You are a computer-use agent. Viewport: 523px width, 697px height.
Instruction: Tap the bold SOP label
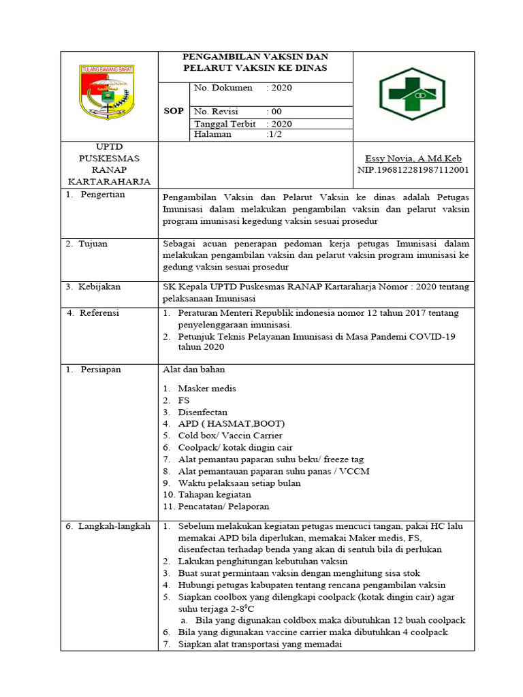point(174,111)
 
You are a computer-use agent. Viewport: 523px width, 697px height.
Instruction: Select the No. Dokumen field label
point(223,88)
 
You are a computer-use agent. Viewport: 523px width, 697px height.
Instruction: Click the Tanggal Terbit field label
point(225,124)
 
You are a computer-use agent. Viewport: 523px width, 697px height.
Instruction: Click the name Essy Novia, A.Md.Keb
point(413,158)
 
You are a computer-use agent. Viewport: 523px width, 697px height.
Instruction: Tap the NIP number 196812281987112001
point(413,169)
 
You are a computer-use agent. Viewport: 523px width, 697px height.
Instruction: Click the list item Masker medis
point(207,389)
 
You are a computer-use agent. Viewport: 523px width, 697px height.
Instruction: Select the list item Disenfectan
point(203,412)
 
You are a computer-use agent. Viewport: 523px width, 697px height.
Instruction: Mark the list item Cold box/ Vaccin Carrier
point(230,436)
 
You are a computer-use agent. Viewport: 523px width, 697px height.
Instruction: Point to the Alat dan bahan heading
point(194,370)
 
